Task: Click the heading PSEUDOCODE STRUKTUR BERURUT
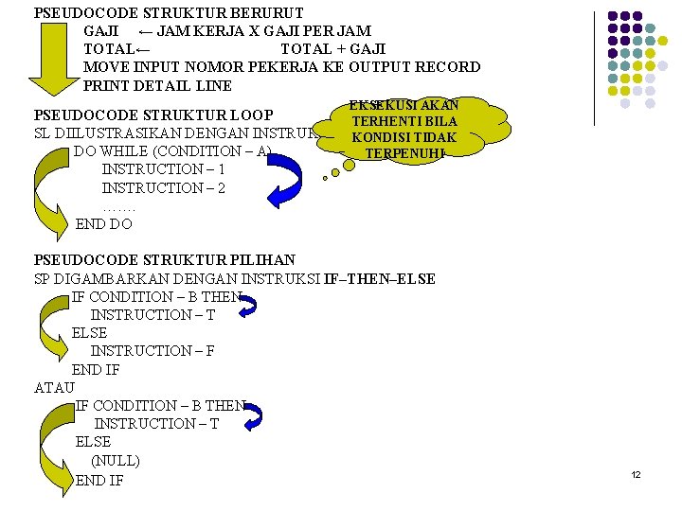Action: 169,13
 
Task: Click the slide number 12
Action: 636,474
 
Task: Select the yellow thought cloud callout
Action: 405,129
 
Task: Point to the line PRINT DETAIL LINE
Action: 157,85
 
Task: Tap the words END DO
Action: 104,224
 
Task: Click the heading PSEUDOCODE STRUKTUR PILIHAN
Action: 165,260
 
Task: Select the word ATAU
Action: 54,387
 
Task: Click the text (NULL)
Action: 116,461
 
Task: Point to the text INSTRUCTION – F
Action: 153,351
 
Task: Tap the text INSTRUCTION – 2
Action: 163,188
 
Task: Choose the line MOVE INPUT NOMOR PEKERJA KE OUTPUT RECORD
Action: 281,67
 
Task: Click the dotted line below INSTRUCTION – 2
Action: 119,206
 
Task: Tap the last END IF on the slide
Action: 99,481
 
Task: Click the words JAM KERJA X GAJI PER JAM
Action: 263,31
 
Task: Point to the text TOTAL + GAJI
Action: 333,49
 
